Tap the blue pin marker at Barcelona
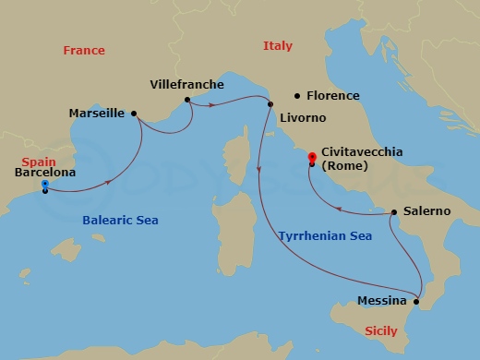coord(45,186)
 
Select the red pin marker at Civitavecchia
coord(313,158)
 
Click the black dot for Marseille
coord(135,114)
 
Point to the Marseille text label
coord(97,114)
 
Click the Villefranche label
coord(186,84)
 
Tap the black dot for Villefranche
coord(187,100)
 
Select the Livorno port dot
coord(270,102)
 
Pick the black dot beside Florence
coord(297,95)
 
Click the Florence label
coord(334,95)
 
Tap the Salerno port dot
coord(393,213)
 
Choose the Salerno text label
coord(426,211)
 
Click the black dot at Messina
coord(416,301)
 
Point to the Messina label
coord(381,301)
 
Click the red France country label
coord(84,51)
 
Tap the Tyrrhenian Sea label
coord(325,236)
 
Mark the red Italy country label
coord(277,46)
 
